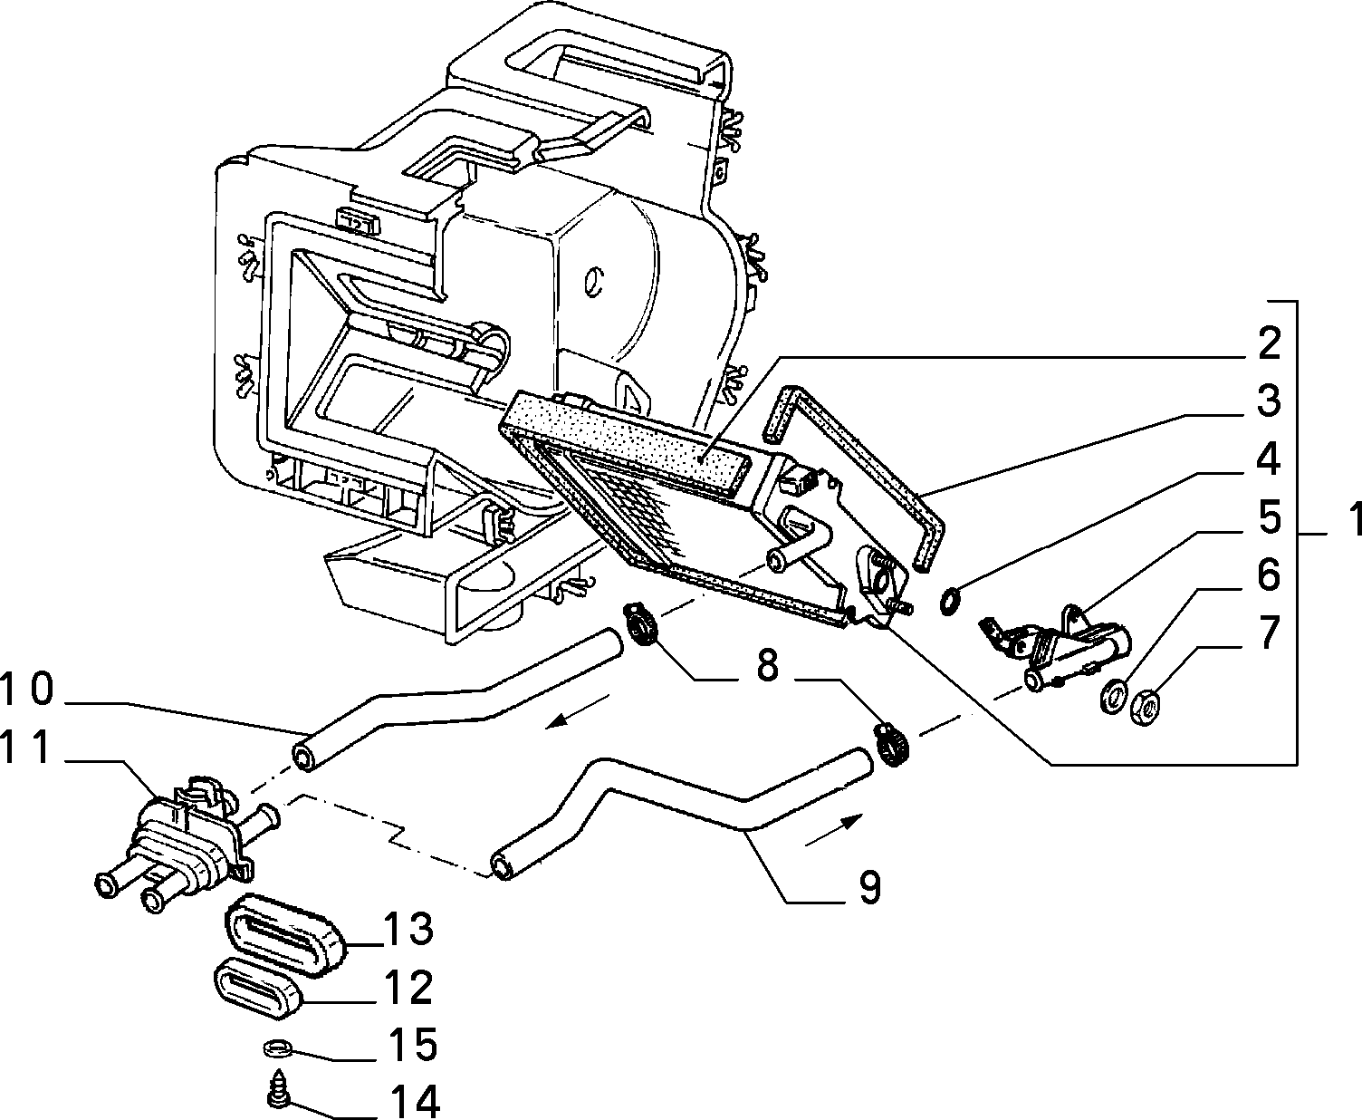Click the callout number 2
point(1269,343)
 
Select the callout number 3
point(1269,401)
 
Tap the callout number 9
point(870,887)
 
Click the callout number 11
point(26,748)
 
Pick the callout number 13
point(408,929)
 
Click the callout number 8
point(766,666)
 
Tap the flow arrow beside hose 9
point(834,829)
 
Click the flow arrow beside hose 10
point(577,711)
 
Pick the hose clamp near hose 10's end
point(640,623)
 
